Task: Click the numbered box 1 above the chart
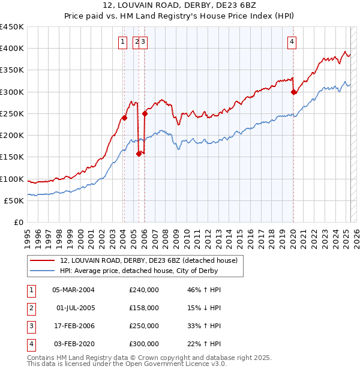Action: pyautogui.click(x=122, y=41)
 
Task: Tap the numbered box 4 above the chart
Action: pyautogui.click(x=291, y=41)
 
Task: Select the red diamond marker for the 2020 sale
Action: pyautogui.click(x=293, y=92)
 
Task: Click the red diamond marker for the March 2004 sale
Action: pyautogui.click(x=124, y=118)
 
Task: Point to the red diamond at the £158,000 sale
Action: pyautogui.click(x=139, y=154)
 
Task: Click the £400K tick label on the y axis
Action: pyautogui.click(x=12, y=49)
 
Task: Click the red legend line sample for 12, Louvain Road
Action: pyautogui.click(x=42, y=260)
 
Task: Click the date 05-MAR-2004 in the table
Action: pyautogui.click(x=74, y=290)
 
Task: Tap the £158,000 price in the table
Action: pyautogui.click(x=144, y=308)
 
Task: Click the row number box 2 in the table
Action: pyautogui.click(x=30, y=308)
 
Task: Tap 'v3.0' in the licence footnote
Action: pyautogui.click(x=217, y=364)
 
